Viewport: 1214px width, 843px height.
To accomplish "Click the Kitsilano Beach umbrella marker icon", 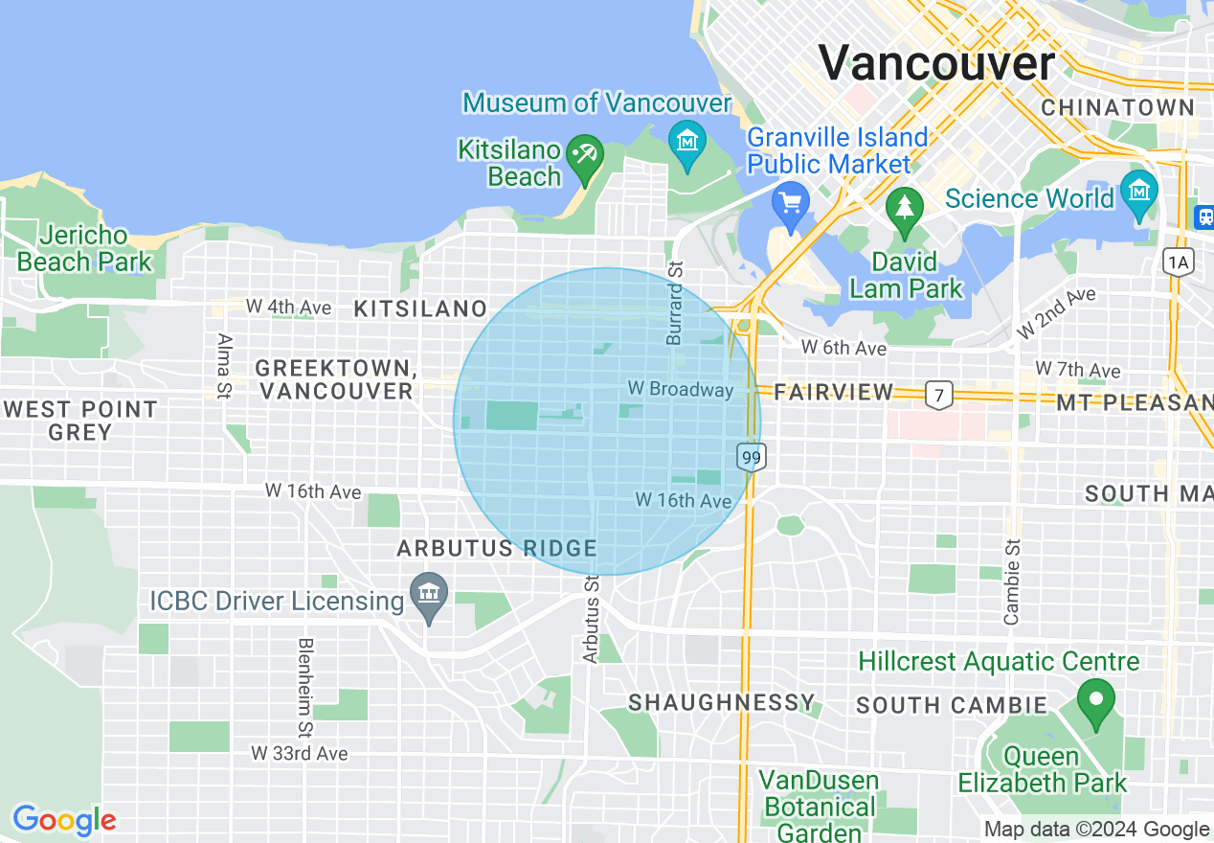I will pos(583,154).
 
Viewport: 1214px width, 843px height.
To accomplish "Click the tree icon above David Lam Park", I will pos(904,207).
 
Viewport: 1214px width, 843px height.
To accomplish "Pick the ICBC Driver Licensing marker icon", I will pos(428,594).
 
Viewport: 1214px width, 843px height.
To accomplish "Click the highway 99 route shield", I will pos(752,457).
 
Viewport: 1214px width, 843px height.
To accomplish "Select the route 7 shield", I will pos(938,393).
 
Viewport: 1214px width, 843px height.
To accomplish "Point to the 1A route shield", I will pos(1177,261).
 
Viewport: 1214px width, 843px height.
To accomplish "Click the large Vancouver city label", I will pos(936,63).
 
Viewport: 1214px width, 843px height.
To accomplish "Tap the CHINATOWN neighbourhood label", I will pos(1117,107).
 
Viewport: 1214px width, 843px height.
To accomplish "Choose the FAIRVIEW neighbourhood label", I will pos(833,392).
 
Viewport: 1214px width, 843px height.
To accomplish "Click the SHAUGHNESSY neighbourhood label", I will pos(721,702).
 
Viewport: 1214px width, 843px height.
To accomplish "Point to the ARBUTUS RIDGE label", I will pos(497,548).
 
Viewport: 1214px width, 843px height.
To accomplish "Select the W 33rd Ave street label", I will pos(300,754).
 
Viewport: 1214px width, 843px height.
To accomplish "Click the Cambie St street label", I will pos(1013,581).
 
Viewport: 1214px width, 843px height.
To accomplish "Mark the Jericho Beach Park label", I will pos(84,248).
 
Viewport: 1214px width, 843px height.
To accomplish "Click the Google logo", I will pos(64,820).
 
